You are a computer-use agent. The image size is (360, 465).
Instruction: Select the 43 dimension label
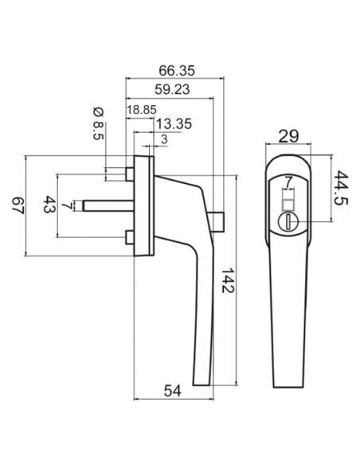48,205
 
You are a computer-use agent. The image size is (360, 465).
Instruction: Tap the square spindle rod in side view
108,205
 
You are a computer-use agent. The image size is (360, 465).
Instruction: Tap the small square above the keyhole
288,196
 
